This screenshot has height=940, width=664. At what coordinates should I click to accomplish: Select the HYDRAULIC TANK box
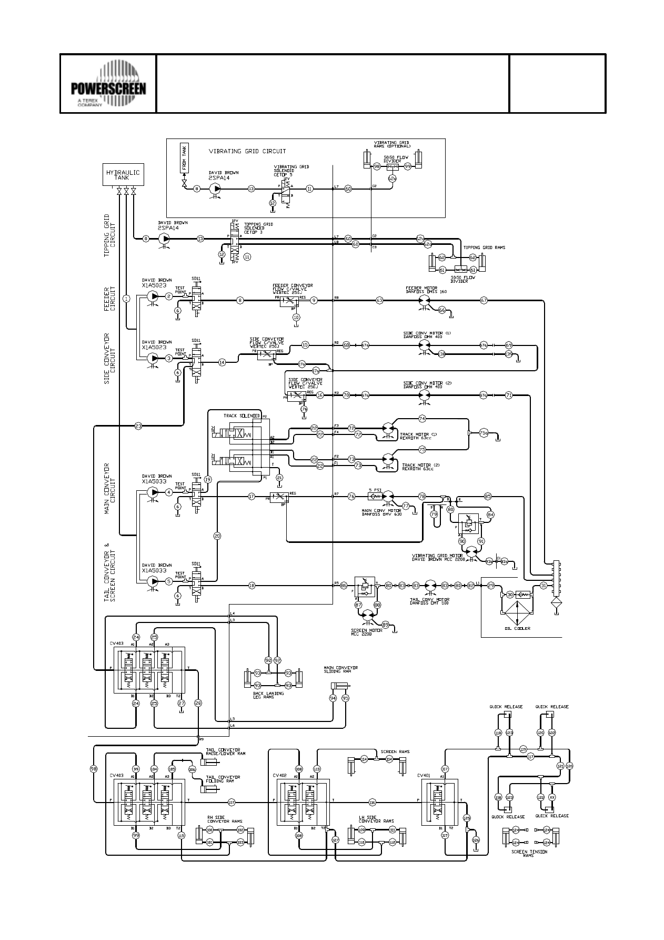[122, 175]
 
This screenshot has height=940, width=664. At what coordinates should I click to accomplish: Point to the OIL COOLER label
[517, 628]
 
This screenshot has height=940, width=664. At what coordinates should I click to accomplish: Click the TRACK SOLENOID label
[241, 416]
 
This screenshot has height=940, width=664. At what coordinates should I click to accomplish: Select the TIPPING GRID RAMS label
[484, 248]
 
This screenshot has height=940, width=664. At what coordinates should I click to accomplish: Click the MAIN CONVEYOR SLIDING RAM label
[340, 670]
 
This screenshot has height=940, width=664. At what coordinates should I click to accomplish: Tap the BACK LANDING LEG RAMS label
[268, 695]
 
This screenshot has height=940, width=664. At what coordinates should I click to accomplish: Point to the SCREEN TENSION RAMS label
[529, 854]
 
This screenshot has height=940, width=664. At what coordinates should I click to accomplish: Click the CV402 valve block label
[279, 775]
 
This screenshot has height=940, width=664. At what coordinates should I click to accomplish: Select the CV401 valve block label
[424, 775]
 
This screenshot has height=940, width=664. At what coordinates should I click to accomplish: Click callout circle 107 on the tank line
[232, 803]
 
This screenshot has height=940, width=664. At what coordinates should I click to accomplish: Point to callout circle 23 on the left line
[138, 426]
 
